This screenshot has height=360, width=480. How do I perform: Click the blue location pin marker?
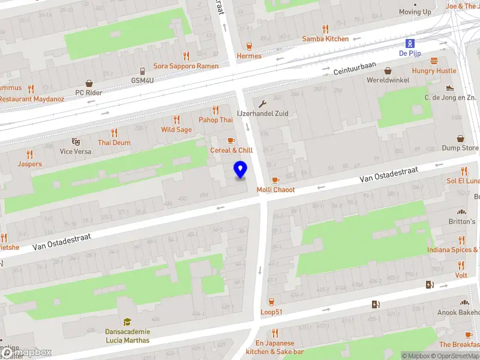(x=241, y=170)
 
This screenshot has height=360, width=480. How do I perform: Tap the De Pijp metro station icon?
(x=410, y=43)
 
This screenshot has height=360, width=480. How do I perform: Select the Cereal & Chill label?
(x=231, y=150)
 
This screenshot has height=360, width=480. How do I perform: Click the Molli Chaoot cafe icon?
(x=275, y=180)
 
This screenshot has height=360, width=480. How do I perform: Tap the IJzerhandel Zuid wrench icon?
(x=262, y=103)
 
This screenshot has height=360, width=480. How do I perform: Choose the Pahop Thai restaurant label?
(x=215, y=120)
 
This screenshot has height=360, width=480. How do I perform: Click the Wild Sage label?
(x=176, y=130)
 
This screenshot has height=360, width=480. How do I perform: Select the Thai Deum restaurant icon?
(x=115, y=133)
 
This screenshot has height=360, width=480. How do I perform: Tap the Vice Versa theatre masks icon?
(x=76, y=142)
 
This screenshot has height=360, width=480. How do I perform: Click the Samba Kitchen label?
(x=325, y=39)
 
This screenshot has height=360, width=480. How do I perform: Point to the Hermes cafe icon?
(x=249, y=46)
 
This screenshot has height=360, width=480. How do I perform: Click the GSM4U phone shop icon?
(x=143, y=71)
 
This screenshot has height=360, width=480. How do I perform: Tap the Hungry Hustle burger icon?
(x=434, y=61)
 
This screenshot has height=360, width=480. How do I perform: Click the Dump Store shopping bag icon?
(x=460, y=139)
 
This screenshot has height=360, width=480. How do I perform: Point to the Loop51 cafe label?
(x=271, y=312)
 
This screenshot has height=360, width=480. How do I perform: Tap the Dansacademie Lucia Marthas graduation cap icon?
(x=127, y=322)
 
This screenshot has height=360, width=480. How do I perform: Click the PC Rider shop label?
(x=88, y=93)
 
